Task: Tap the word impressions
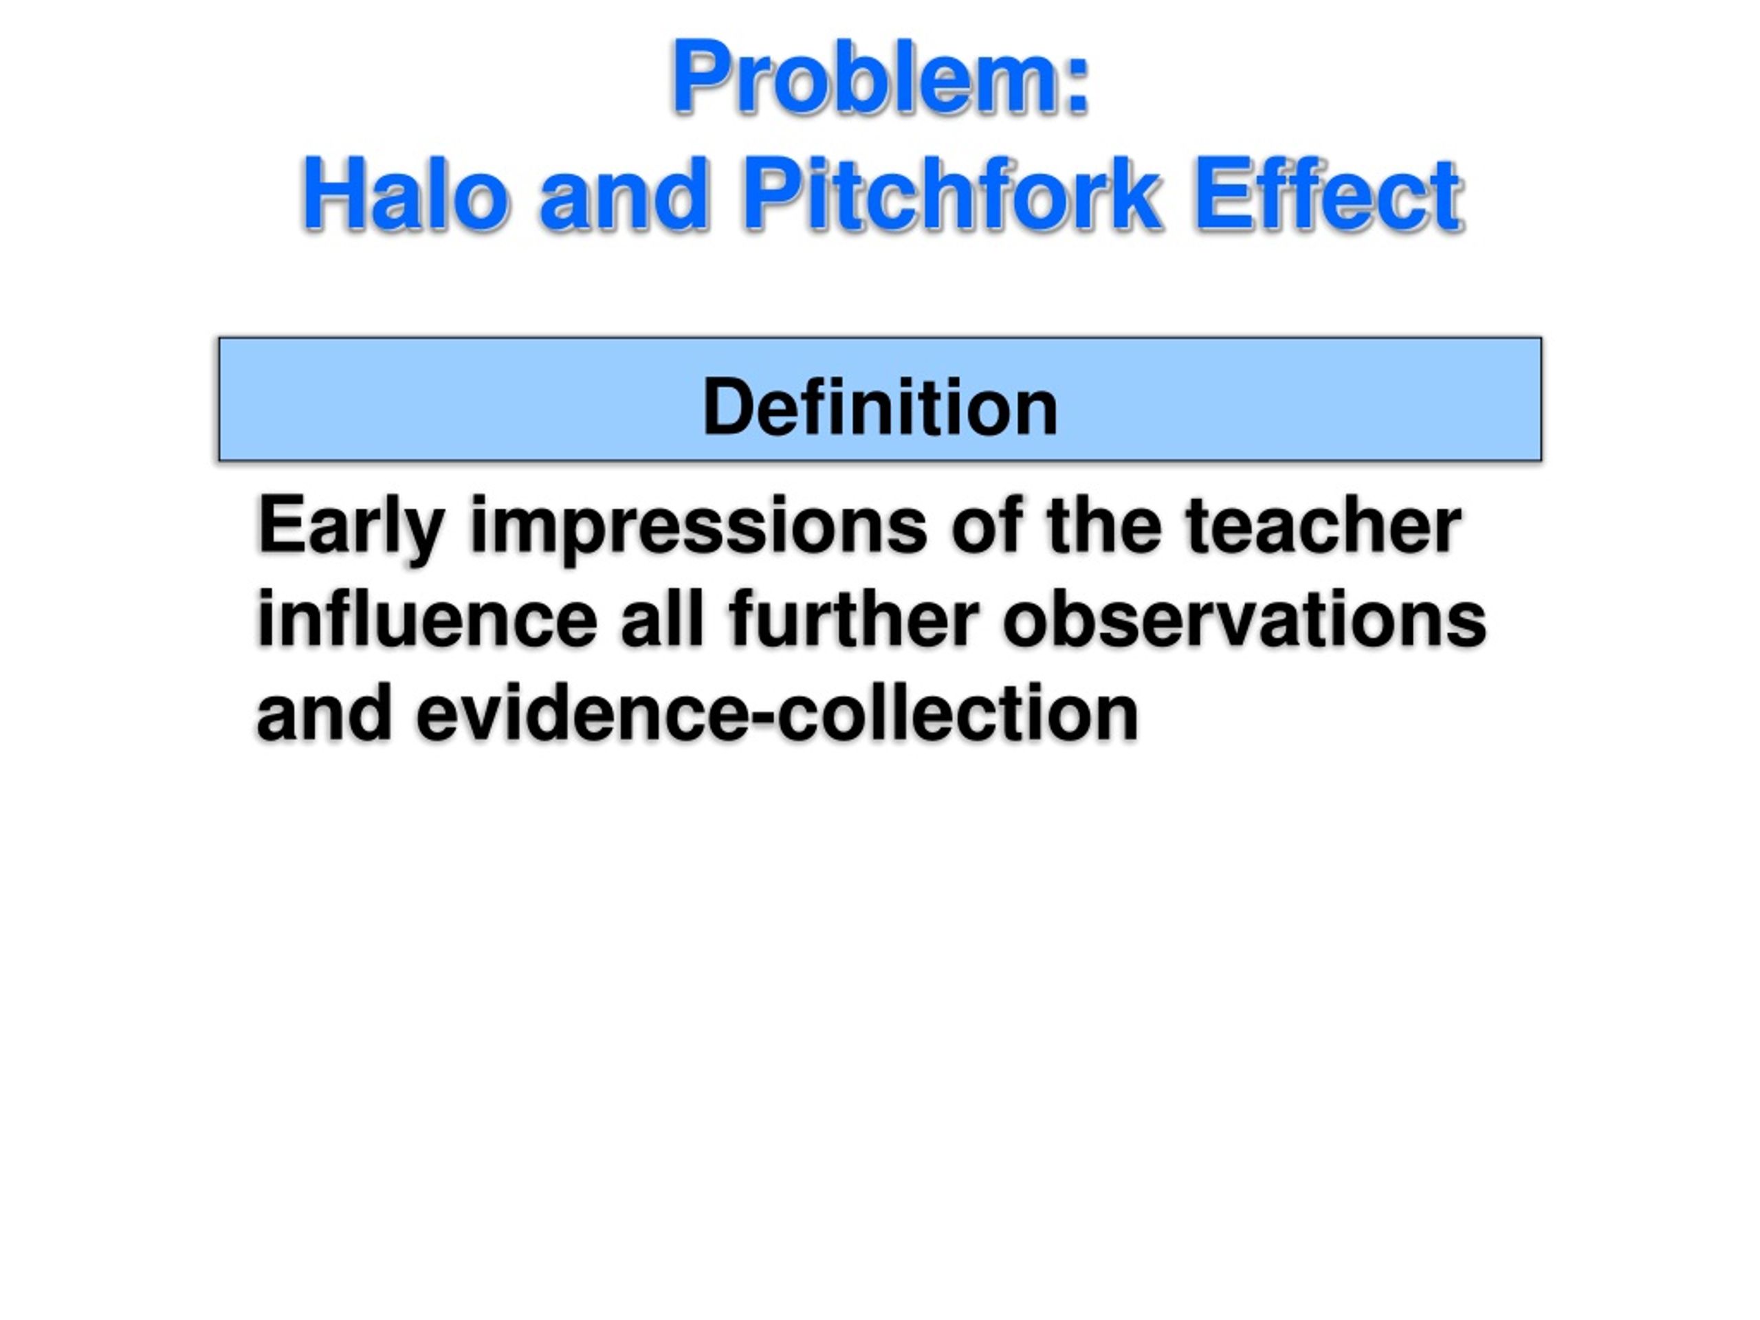[698, 527]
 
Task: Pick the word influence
[426, 620]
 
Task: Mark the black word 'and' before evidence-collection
[324, 713]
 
